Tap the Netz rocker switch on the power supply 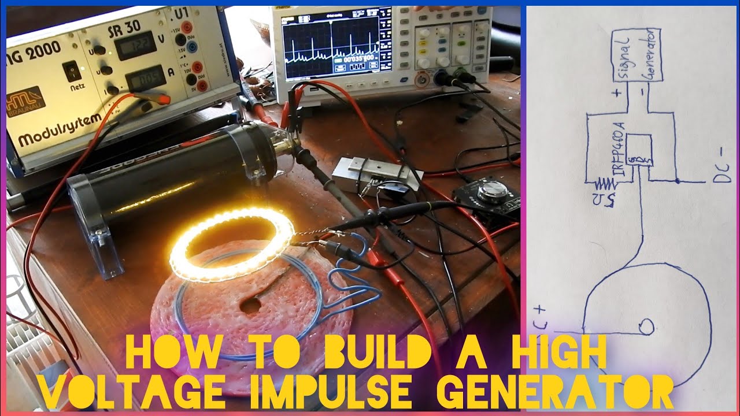[71, 71]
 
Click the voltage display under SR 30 [135, 46]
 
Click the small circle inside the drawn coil [646, 327]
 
